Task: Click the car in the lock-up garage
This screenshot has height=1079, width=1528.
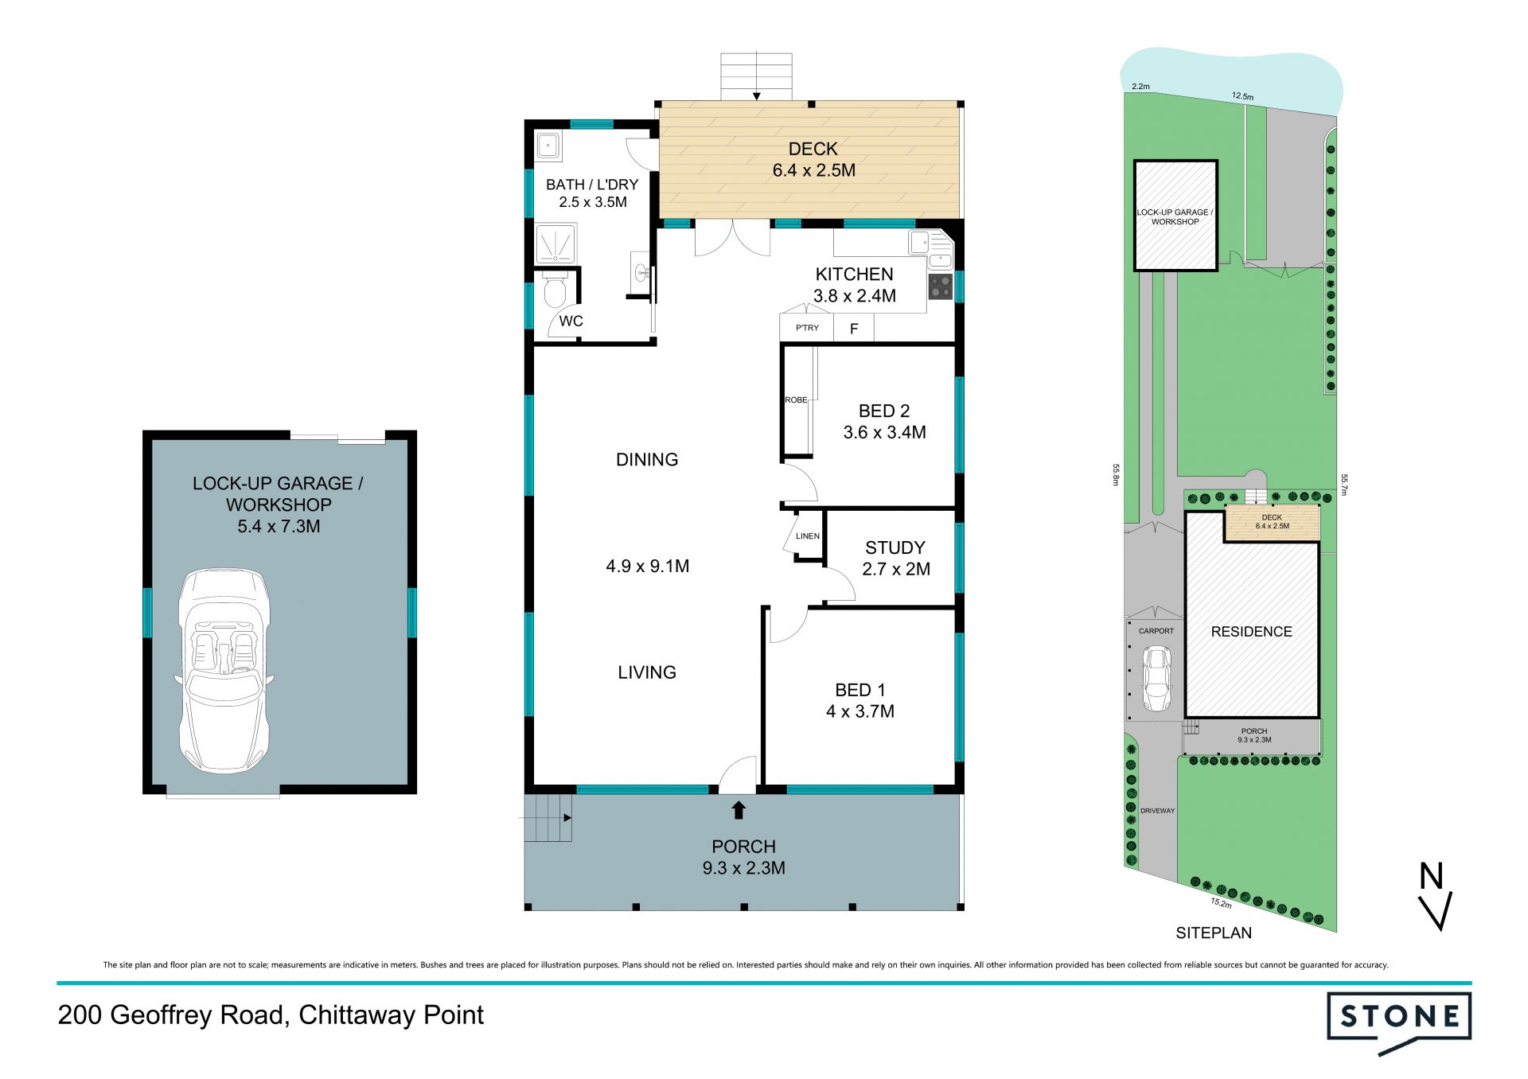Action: point(224,669)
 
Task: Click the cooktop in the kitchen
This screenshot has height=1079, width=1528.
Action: point(940,287)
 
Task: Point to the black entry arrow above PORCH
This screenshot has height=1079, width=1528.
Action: point(739,810)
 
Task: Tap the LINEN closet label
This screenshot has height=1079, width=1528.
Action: point(808,536)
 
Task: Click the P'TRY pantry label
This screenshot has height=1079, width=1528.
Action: point(807,328)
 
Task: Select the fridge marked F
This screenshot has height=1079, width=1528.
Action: point(854,328)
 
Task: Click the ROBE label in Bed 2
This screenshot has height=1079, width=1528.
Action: point(796,400)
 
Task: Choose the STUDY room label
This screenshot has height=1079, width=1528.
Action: point(895,547)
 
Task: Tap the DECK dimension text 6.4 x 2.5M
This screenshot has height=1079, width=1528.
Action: point(813,170)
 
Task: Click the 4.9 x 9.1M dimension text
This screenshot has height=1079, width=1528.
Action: point(647,566)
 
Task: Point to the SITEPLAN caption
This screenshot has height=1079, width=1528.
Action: point(1214,933)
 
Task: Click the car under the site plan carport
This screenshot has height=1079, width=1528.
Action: point(1156,678)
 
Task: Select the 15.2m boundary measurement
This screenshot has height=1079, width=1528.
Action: point(1221,903)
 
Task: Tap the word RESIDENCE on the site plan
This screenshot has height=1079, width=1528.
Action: point(1251,632)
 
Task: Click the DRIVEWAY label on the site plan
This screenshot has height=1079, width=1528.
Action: point(1157,811)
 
